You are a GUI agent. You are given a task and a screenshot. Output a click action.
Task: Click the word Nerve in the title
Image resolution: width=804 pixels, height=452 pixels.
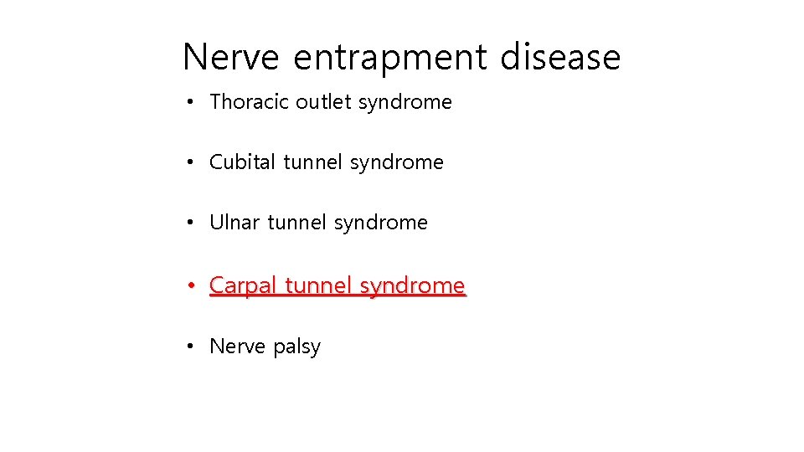(x=230, y=57)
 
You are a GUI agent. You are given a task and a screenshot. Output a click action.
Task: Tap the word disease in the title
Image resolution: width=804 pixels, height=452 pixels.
(x=560, y=57)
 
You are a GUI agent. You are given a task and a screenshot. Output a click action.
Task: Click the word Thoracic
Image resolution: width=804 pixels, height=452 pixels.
(x=249, y=102)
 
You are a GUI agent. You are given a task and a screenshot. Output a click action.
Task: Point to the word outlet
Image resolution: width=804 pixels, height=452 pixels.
(x=324, y=102)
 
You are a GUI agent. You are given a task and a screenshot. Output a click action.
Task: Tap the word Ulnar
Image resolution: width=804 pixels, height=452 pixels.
(x=234, y=223)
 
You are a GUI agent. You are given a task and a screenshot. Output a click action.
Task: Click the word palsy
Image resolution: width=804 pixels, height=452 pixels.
(x=295, y=347)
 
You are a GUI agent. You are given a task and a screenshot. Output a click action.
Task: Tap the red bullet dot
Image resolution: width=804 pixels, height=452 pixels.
(x=192, y=286)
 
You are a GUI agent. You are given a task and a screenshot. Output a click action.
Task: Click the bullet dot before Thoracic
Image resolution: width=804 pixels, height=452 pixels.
(x=192, y=103)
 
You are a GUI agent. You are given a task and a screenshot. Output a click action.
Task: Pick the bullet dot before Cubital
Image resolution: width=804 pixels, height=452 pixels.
(x=192, y=163)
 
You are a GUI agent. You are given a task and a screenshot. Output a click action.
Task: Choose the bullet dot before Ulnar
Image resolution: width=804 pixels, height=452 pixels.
(x=192, y=223)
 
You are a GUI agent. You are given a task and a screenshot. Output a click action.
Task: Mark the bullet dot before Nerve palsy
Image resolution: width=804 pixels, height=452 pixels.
(x=192, y=347)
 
